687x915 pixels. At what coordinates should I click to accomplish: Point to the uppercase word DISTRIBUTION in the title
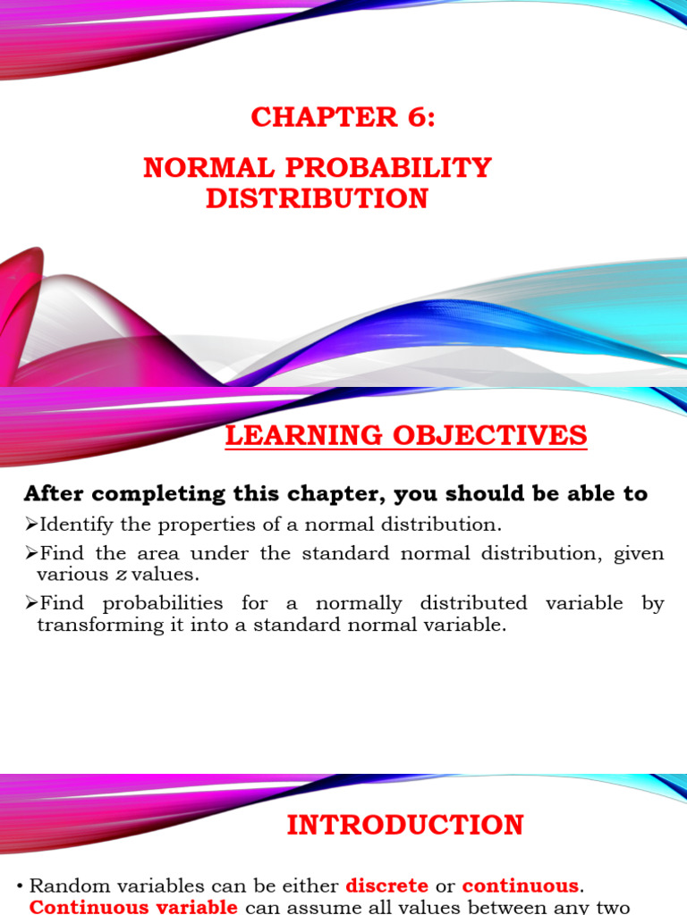click(317, 197)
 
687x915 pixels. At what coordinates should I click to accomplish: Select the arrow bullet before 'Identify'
click(30, 524)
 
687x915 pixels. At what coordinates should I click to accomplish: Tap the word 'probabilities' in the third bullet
click(156, 603)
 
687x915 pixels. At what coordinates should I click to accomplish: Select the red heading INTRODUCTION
click(405, 825)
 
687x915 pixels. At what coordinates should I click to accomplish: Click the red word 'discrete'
click(386, 886)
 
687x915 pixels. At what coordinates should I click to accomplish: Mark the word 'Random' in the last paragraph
click(68, 886)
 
